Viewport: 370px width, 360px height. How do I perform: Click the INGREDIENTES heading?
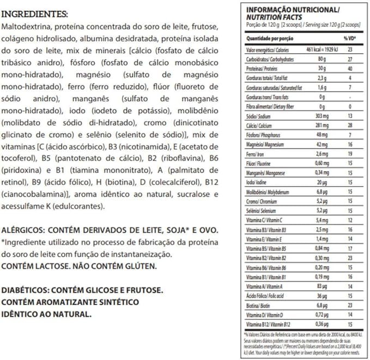(35, 14)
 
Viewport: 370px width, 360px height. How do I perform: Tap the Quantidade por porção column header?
(271, 39)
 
